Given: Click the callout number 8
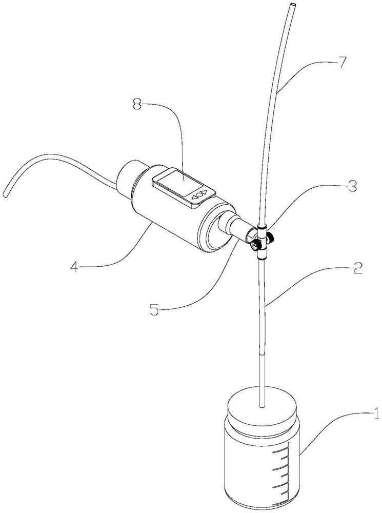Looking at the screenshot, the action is [x=137, y=105].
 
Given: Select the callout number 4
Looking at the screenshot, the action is [x=74, y=267].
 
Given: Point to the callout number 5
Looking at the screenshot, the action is [x=154, y=309].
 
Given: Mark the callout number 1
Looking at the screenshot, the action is [x=376, y=413].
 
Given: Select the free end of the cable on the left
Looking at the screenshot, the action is [x=5, y=194].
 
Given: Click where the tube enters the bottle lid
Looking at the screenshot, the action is [x=262, y=407].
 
